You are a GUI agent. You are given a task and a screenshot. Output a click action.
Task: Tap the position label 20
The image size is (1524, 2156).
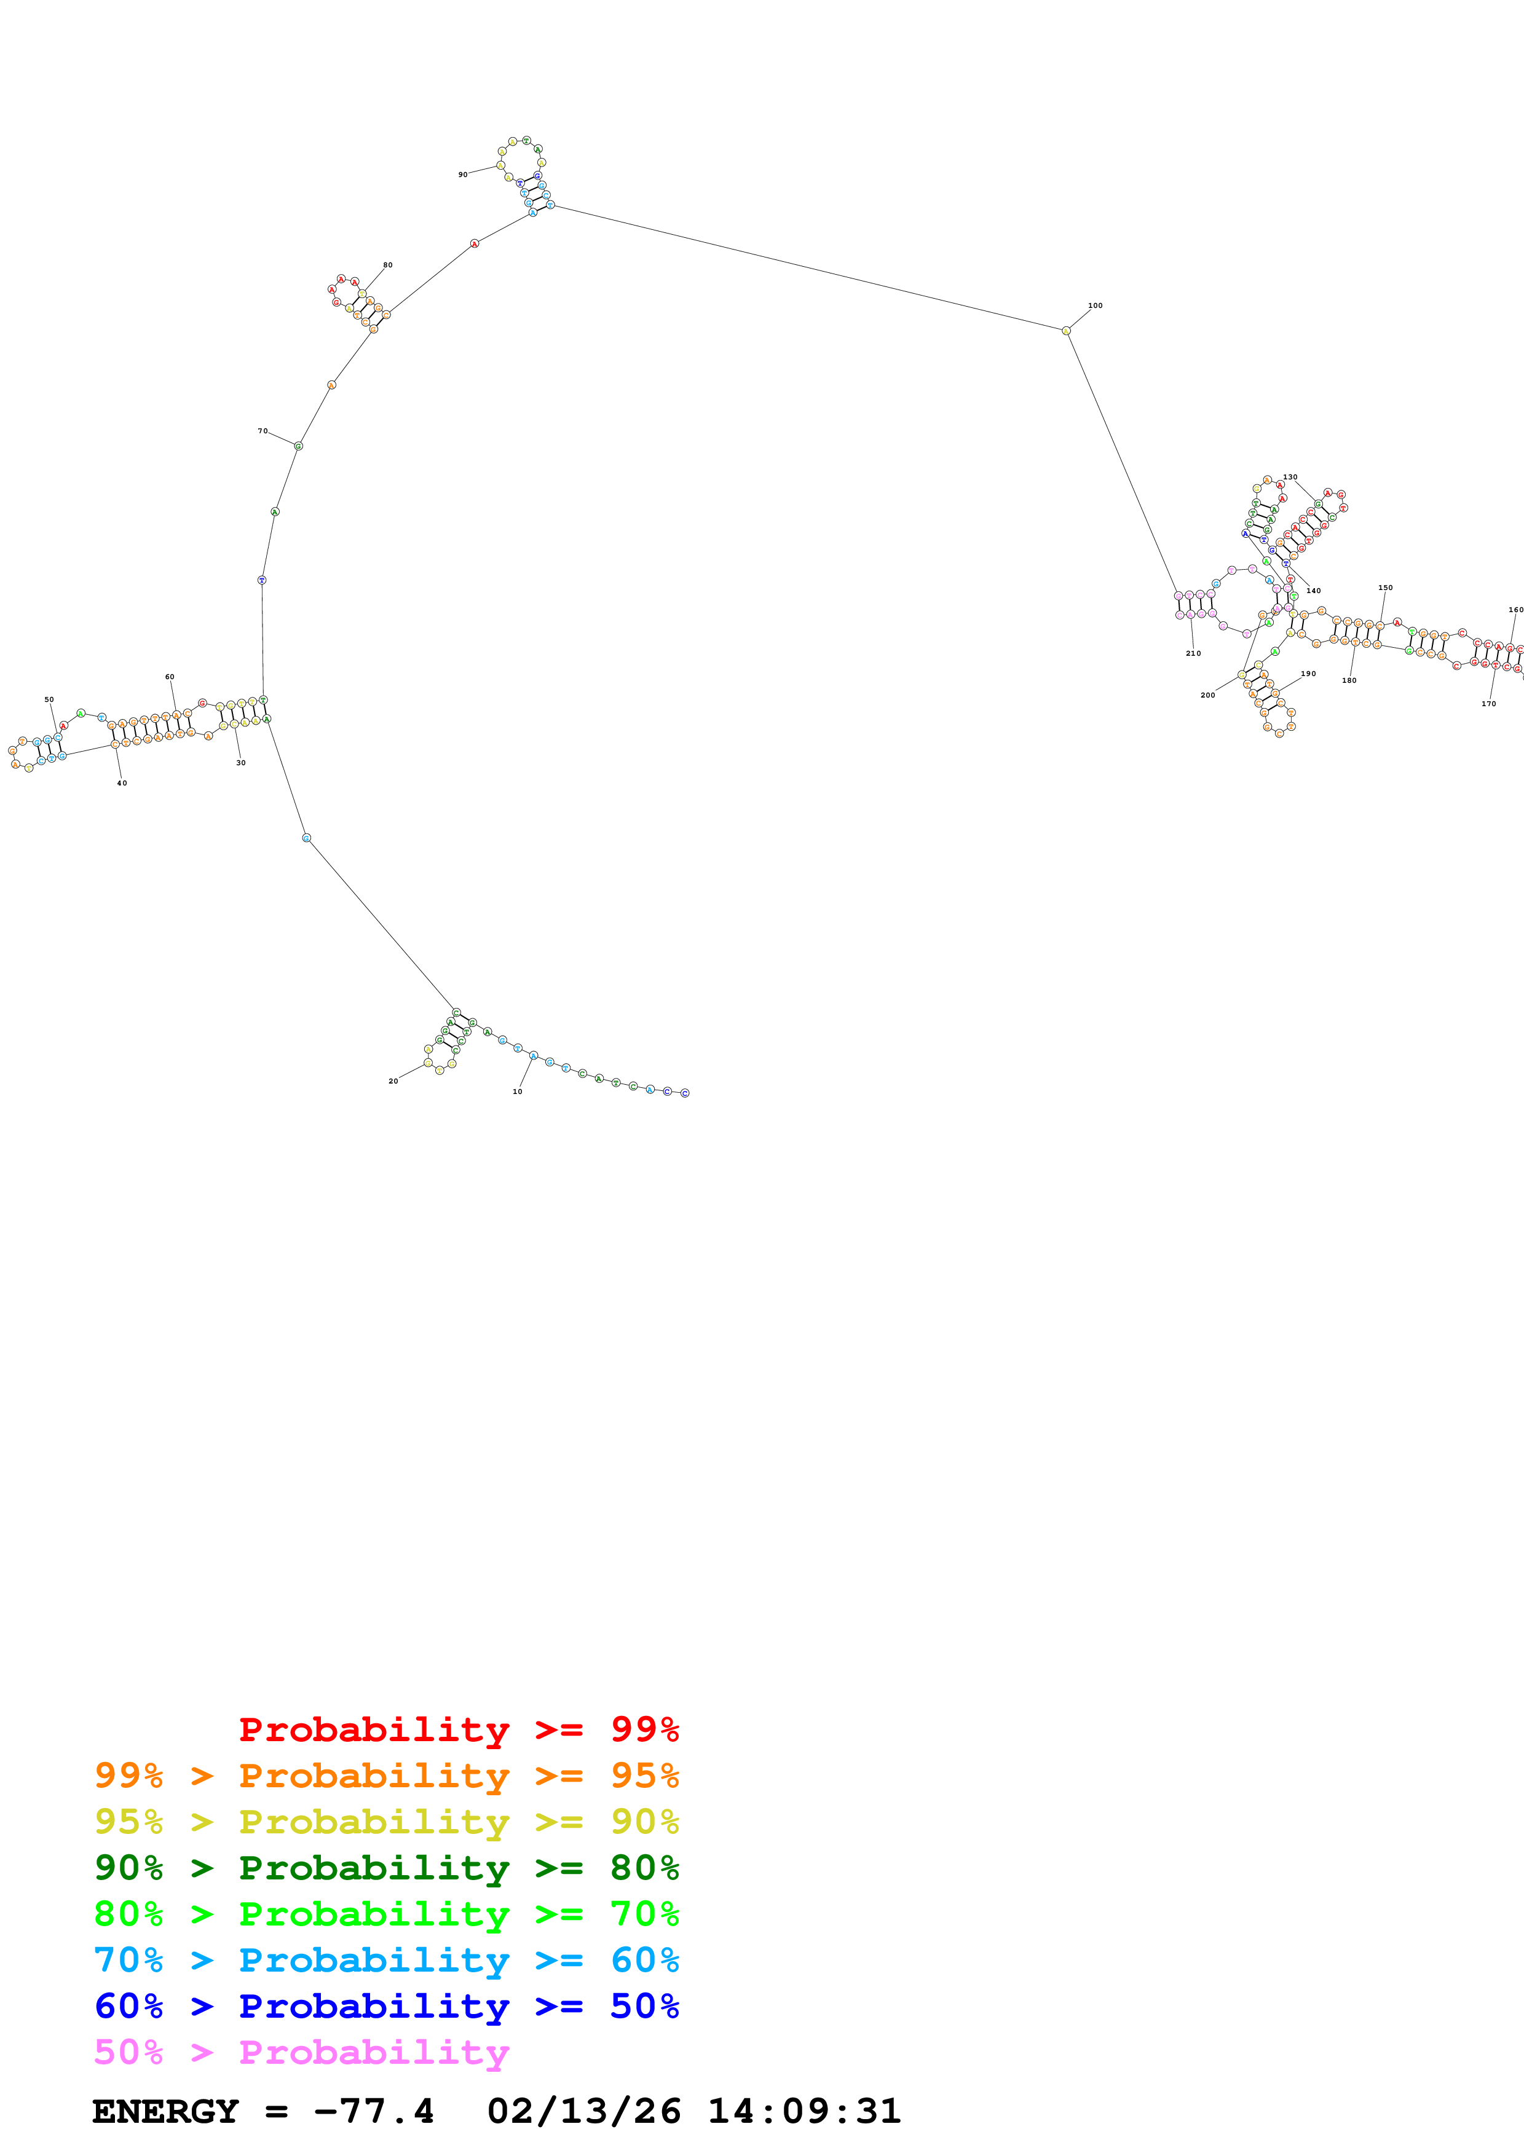pos(393,1081)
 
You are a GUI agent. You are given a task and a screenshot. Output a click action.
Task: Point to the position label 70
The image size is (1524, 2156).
pos(263,431)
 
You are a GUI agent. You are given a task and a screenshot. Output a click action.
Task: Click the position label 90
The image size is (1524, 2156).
pos(463,175)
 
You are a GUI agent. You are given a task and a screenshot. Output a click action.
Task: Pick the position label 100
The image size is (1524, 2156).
pos(1095,305)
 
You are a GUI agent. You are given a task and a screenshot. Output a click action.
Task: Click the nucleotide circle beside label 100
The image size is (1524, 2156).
pos(1066,331)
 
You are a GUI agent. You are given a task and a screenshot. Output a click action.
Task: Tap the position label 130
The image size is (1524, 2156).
pos(1290,477)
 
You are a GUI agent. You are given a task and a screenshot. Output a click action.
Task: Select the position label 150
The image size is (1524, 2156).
pos(1385,588)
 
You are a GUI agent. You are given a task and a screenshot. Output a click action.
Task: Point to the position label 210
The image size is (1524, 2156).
pos(1193,653)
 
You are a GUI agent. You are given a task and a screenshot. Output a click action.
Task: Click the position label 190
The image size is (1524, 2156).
pos(1308,673)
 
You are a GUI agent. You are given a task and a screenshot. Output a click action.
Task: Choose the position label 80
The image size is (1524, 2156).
pos(388,265)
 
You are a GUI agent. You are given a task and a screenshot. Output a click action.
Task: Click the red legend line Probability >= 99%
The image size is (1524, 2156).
pos(458,1729)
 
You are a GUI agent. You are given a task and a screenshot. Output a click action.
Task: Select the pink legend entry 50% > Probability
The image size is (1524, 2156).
pos(301,2052)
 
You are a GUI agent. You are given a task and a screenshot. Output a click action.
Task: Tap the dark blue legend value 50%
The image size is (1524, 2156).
pos(644,2006)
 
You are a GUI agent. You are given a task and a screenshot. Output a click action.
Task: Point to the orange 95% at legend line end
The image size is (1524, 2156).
pos(644,1775)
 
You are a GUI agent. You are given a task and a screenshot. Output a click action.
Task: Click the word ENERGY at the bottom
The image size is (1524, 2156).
pos(165,2111)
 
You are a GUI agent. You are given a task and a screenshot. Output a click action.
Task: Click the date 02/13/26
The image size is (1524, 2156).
pos(583,2111)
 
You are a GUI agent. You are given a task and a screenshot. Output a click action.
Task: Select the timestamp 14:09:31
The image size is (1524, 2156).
pos(803,2111)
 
